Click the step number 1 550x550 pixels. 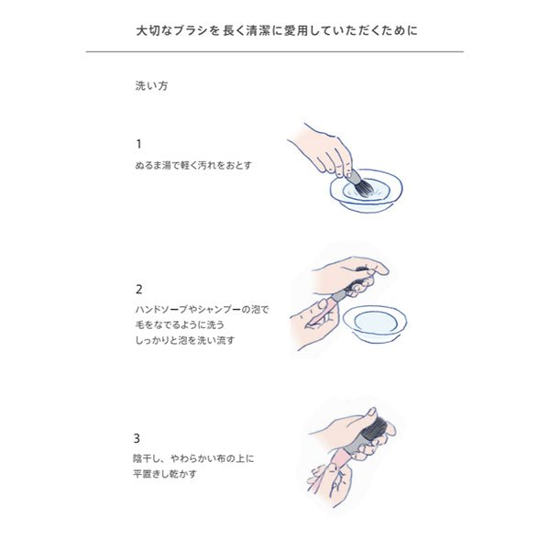point(138,144)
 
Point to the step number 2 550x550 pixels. point(138,289)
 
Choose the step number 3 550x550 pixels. point(138,437)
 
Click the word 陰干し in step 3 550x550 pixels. point(148,459)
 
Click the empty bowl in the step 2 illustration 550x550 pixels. point(376,322)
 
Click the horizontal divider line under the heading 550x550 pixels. point(275,52)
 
